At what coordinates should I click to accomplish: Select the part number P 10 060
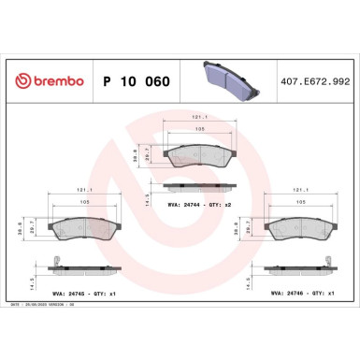135,82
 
